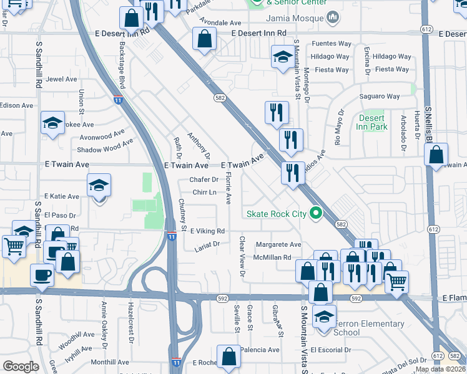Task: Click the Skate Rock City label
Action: pos(277,214)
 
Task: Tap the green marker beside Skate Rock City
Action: pos(316,214)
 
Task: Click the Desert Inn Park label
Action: pos(373,122)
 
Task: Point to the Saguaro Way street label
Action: pos(379,96)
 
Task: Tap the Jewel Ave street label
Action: pos(62,79)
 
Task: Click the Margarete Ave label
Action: pos(278,245)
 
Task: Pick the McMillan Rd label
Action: pos(272,257)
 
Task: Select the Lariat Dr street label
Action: pos(207,244)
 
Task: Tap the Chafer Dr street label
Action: pos(204,180)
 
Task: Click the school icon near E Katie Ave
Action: pos(99,185)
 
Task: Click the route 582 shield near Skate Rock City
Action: pos(340,224)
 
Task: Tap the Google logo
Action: pos(21,366)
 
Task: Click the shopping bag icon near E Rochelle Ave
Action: pos(229,356)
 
